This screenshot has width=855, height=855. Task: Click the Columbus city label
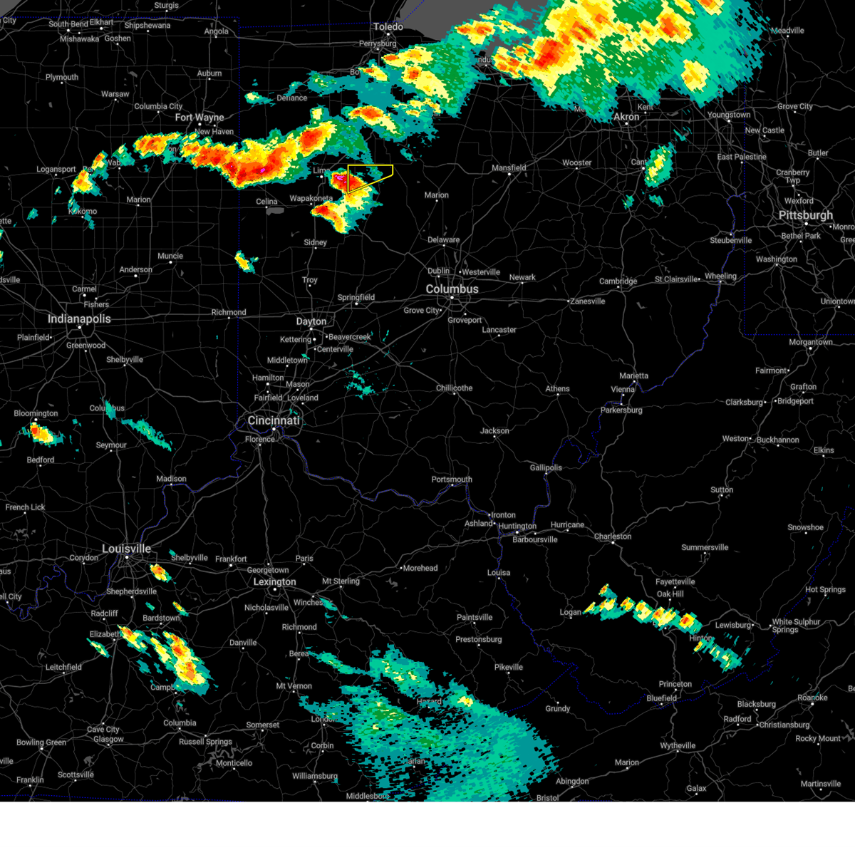click(452, 289)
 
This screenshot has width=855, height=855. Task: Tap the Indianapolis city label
click(79, 318)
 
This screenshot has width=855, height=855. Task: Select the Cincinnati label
click(274, 420)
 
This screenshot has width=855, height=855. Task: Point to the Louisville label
click(126, 549)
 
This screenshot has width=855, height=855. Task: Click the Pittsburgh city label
click(805, 215)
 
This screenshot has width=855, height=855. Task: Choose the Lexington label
click(274, 581)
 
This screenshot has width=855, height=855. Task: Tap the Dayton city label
click(311, 321)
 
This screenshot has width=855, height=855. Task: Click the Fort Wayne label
click(199, 118)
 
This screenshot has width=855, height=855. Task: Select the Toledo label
click(388, 27)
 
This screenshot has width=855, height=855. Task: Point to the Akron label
click(626, 117)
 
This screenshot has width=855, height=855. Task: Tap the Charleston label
click(612, 537)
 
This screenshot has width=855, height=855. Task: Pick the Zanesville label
click(588, 301)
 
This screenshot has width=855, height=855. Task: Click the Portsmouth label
click(452, 480)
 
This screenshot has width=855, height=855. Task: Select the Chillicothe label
click(454, 388)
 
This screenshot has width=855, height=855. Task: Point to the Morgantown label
click(810, 343)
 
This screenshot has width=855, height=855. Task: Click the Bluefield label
click(661, 698)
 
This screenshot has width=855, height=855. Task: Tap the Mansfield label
click(509, 168)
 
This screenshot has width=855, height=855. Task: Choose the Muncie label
click(170, 256)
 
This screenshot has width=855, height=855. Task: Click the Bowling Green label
click(41, 742)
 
